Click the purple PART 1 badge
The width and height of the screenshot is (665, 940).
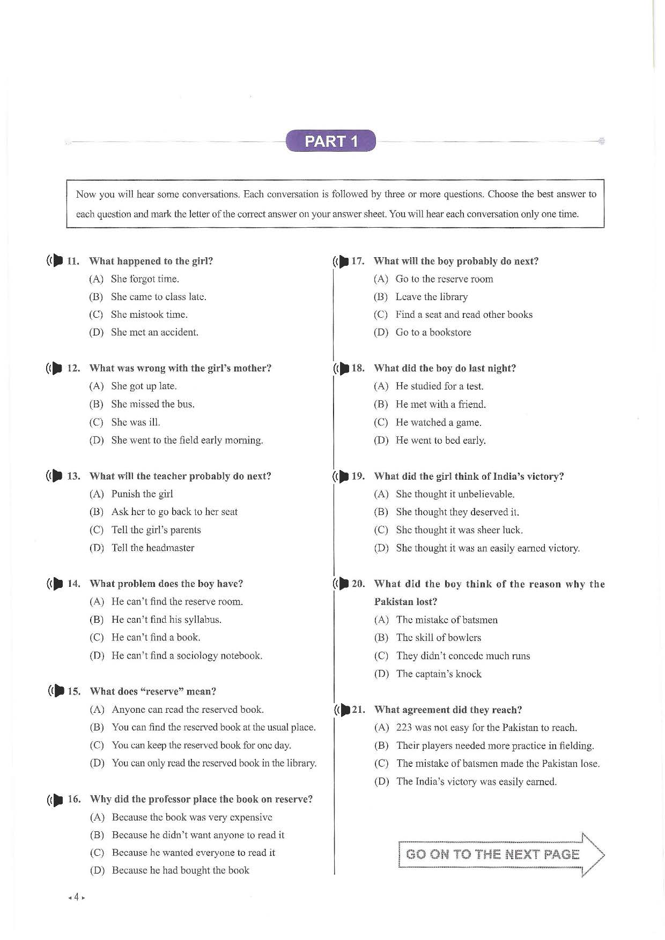330,141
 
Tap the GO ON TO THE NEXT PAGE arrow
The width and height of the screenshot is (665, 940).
501,854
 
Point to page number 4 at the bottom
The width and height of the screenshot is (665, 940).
77,897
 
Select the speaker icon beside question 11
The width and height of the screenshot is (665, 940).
55,261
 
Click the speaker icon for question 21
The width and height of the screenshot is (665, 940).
343,710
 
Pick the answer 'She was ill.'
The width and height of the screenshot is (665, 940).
135,422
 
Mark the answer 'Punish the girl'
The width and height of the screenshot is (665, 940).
142,494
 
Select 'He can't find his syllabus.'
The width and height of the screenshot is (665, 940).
166,620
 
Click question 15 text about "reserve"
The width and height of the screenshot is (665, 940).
153,691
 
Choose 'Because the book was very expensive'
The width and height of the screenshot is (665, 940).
191,817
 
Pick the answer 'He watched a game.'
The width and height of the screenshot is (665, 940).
438,422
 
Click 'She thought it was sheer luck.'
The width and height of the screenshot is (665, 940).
459,530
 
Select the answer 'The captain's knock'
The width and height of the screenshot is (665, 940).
439,674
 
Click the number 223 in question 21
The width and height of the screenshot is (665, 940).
404,728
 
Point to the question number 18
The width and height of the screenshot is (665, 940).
358,368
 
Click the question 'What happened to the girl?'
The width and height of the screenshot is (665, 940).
151,261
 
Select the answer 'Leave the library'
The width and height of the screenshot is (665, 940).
431,297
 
